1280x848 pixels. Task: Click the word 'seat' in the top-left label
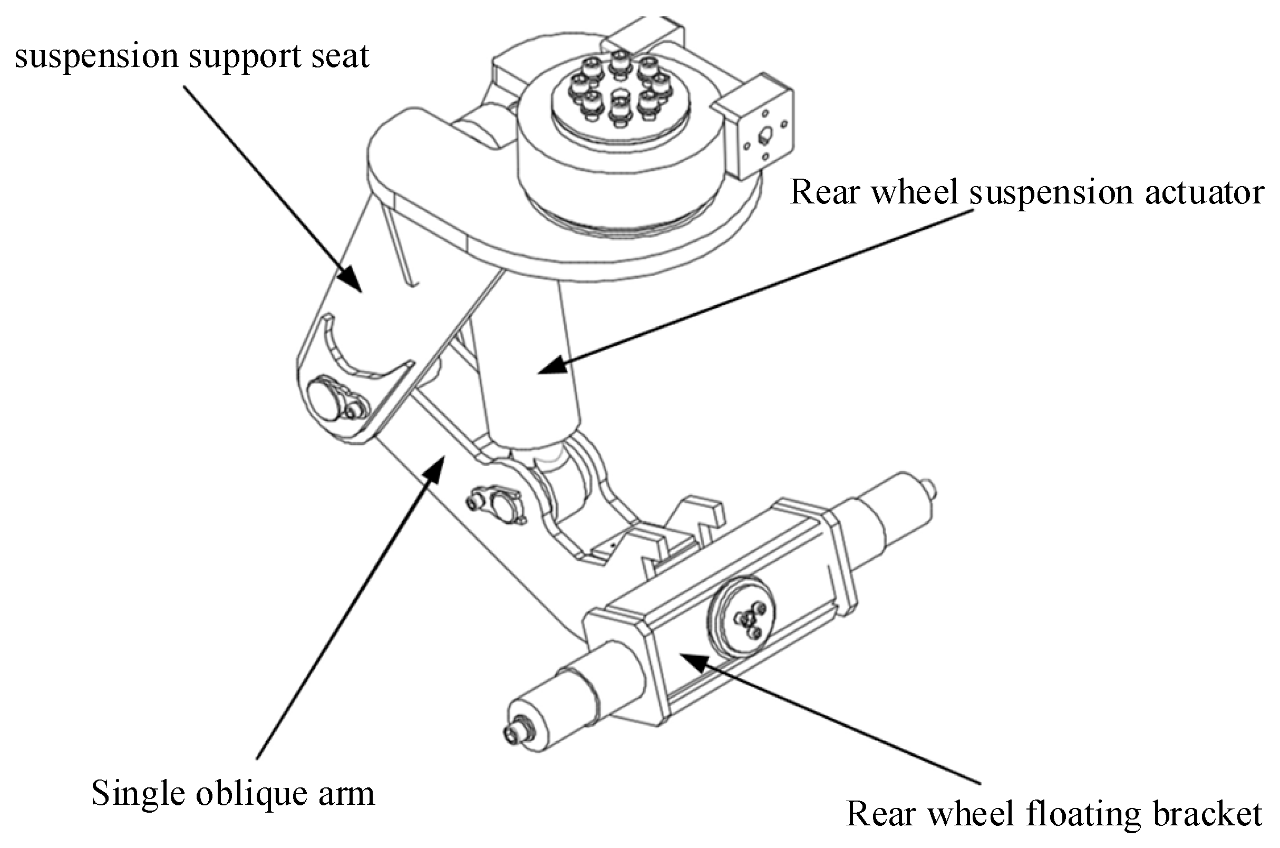point(340,56)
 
